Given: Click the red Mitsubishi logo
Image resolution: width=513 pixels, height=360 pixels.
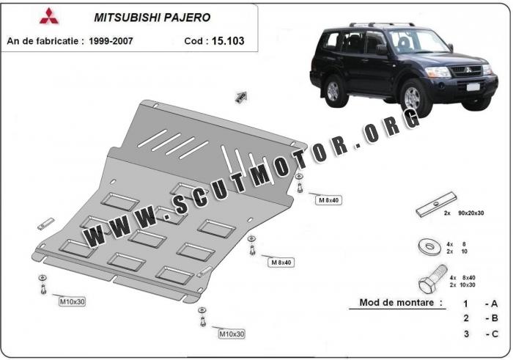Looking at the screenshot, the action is [49, 15].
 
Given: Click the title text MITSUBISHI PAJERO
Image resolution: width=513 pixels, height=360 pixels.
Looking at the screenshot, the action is [152, 18].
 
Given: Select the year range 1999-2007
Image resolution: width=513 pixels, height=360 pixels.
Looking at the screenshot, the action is [111, 41].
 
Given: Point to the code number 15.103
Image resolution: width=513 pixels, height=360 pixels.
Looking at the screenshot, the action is [228, 41].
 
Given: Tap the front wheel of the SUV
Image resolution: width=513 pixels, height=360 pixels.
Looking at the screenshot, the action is [413, 98].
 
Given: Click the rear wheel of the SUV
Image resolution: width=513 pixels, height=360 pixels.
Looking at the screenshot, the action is [333, 91].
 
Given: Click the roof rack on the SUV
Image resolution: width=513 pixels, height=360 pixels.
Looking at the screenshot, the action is [382, 24].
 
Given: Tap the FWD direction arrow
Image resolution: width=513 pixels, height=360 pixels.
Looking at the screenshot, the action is [241, 97].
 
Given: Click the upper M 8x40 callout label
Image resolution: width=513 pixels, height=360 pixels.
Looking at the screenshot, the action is [329, 200].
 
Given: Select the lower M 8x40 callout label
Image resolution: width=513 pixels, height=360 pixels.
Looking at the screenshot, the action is [281, 262].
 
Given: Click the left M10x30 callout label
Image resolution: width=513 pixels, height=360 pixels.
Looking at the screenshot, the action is [72, 301].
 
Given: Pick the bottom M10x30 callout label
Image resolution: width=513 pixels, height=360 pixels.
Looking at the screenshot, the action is [232, 334].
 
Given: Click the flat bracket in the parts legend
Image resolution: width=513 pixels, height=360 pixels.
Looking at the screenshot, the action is [436, 205].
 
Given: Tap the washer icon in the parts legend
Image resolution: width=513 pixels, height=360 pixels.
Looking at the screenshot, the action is [429, 246].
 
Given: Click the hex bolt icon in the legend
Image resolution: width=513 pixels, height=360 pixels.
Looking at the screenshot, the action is [432, 280].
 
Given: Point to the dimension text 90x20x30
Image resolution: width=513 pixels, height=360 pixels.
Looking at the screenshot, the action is [470, 213].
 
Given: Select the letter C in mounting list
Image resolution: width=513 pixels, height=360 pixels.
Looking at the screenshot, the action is [495, 334].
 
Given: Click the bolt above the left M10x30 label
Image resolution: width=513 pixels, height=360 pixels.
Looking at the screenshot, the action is [43, 285].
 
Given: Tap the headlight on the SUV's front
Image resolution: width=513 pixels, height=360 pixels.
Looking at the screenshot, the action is [438, 71].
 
